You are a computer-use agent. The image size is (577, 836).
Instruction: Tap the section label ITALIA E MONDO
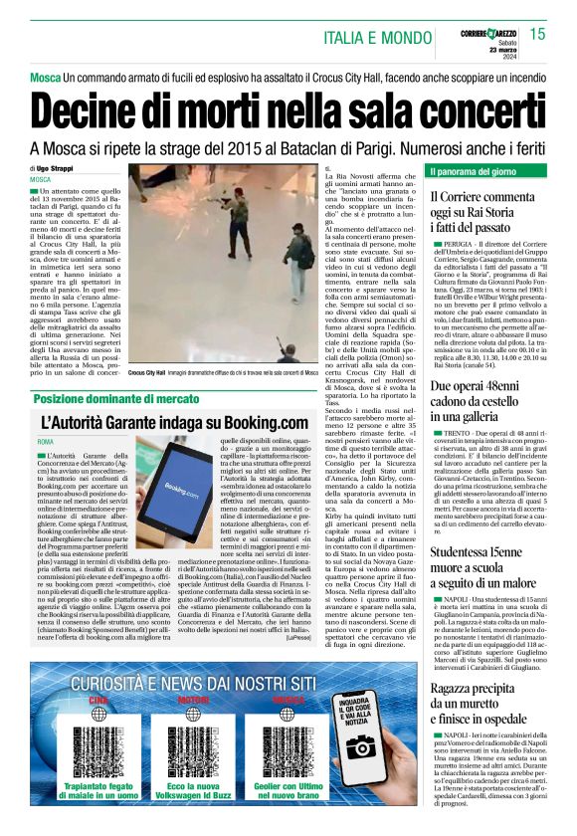pyautogui.click(x=380, y=38)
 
